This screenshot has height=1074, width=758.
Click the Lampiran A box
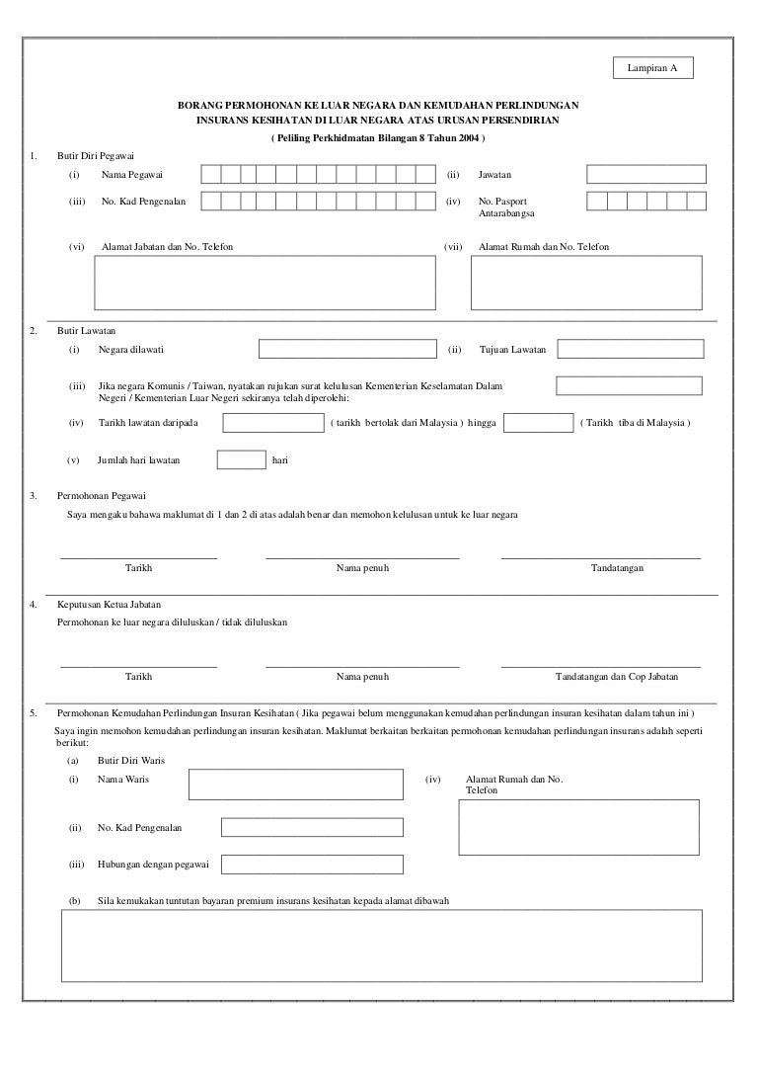(x=652, y=67)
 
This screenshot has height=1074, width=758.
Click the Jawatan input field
(x=645, y=175)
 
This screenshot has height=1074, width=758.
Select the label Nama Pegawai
(x=132, y=175)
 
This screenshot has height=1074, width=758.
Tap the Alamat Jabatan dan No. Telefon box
(x=265, y=284)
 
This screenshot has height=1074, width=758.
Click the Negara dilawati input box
(x=346, y=350)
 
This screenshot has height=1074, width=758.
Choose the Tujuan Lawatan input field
(x=631, y=350)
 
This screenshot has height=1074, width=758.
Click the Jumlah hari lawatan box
(x=241, y=459)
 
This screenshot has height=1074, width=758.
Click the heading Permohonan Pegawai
(x=104, y=495)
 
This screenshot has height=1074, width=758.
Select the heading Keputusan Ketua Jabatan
(x=110, y=604)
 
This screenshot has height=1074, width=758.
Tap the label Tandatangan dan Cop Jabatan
(x=617, y=677)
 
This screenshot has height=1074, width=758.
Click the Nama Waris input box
(x=295, y=785)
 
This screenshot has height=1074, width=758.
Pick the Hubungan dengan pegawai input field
(x=312, y=865)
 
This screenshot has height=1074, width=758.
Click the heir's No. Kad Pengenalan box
(x=312, y=827)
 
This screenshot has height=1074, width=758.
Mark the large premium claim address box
(x=382, y=946)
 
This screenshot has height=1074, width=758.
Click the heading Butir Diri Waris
(x=131, y=761)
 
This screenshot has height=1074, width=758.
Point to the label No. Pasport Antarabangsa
(x=508, y=207)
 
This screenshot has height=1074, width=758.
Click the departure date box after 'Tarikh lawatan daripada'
(x=273, y=423)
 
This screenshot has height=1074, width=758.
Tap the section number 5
(x=34, y=712)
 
